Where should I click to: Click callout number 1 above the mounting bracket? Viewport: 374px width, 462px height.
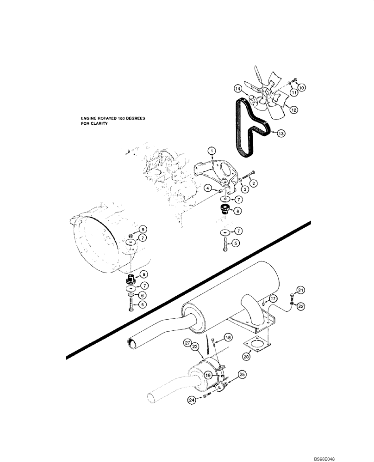click(x=212, y=151)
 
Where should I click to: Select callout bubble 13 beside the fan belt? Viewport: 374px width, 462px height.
click(x=280, y=133)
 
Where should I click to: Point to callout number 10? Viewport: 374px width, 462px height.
click(x=301, y=87)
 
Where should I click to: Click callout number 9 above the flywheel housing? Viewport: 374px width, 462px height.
click(x=143, y=230)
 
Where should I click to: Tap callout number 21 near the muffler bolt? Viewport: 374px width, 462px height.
click(x=301, y=290)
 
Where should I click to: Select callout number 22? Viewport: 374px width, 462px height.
click(x=301, y=306)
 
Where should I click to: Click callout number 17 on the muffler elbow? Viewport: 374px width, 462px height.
click(x=273, y=298)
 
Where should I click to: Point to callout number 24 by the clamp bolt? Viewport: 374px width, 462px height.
click(x=192, y=401)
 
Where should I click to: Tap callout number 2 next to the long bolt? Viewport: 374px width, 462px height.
click(x=254, y=183)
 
